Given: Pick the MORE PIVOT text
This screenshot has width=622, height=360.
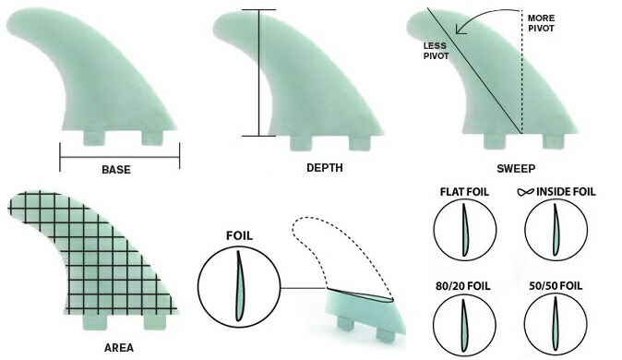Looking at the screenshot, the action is [542, 22].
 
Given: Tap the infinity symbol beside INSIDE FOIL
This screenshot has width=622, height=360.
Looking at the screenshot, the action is [526, 192].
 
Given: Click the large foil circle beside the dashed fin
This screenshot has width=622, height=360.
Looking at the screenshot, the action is [239, 288].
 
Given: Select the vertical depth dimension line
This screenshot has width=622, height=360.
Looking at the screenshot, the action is [259, 74].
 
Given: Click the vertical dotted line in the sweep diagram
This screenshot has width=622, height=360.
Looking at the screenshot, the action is [522, 83].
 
